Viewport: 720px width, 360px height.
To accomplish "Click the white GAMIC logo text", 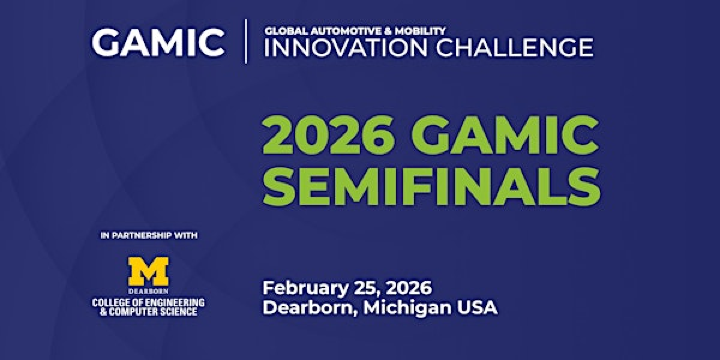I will click(158, 42).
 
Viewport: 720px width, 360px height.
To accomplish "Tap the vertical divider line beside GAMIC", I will click(246, 42).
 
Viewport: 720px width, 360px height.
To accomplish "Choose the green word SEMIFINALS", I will click(431, 186).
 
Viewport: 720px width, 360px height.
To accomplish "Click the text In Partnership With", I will click(149, 236).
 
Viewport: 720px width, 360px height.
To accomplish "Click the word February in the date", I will click(306, 287).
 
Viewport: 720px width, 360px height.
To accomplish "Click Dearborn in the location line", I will click(306, 308).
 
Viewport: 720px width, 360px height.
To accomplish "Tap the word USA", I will click(476, 308).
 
